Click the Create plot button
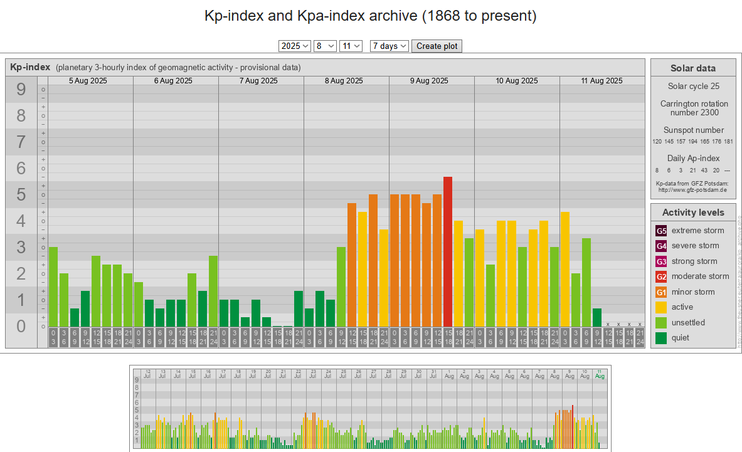[x=437, y=46]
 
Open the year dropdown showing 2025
[x=295, y=46]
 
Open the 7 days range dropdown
[x=390, y=46]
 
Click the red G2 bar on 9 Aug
[x=448, y=251]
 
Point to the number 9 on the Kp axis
[x=21, y=90]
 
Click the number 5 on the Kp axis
[x=21, y=195]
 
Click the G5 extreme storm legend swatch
[x=661, y=231]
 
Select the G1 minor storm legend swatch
[x=661, y=292]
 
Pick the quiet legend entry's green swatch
[x=661, y=338]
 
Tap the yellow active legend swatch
[x=661, y=307]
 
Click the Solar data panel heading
[x=693, y=68]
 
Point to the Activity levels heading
[x=693, y=213]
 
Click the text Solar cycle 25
[x=693, y=86]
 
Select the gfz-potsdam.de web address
[x=693, y=189]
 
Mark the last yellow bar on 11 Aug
[x=565, y=269]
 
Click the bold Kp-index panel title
[x=30, y=67]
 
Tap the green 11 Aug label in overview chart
[x=600, y=374]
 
